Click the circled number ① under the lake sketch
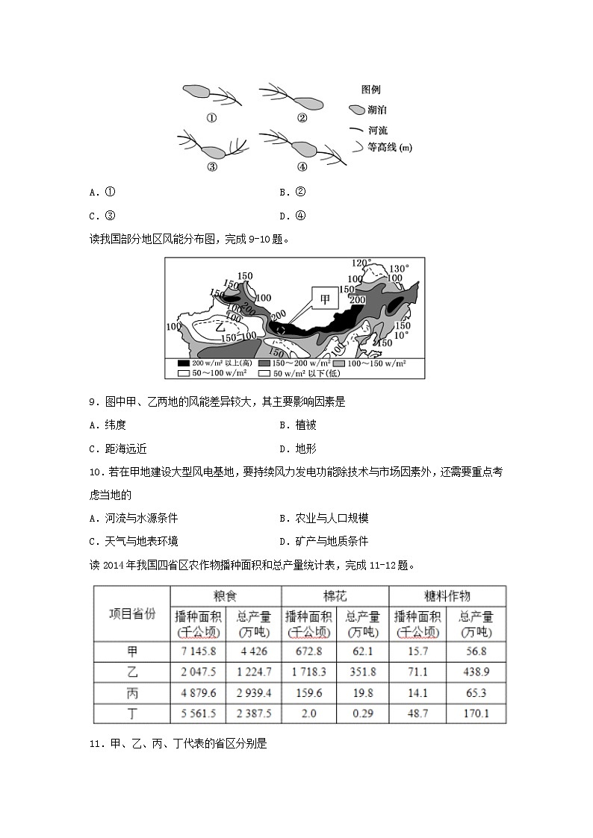point(211,118)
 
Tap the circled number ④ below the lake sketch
point(302,166)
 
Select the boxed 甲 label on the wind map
point(325,300)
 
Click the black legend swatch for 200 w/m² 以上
point(184,363)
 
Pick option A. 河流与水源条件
point(134,518)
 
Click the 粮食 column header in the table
point(225,596)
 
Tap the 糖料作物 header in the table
point(447,596)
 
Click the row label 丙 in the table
point(132,692)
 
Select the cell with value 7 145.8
point(198,651)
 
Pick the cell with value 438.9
point(474,672)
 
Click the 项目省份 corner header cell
point(132,613)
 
